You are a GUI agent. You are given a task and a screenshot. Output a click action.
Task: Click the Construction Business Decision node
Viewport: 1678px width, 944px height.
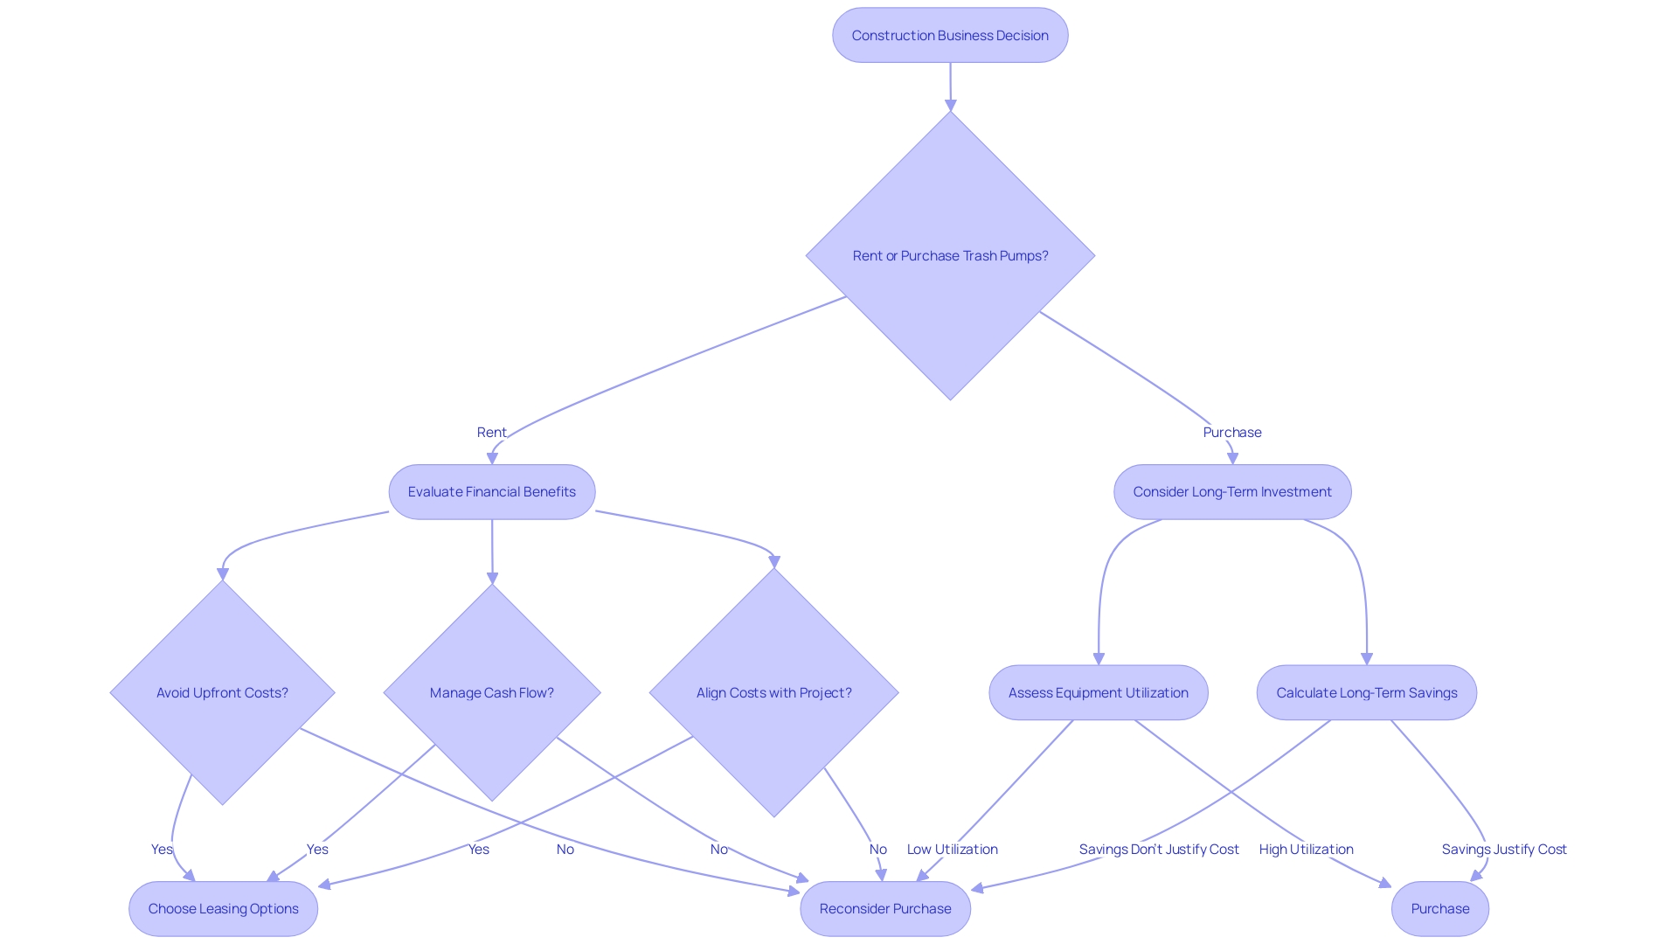(950, 36)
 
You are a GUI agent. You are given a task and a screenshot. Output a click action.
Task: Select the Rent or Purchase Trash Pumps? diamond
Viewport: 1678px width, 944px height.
(950, 256)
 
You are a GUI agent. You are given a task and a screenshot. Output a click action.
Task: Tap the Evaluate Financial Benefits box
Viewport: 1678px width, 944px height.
(491, 492)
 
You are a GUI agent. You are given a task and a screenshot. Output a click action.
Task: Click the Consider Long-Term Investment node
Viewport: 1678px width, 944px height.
(1232, 492)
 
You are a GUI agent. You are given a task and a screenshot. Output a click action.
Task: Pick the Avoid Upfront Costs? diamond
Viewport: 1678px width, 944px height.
(222, 693)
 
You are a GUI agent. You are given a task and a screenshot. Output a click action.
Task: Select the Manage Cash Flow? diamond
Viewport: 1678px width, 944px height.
(491, 693)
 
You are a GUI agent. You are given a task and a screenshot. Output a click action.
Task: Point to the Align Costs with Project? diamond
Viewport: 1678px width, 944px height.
(773, 693)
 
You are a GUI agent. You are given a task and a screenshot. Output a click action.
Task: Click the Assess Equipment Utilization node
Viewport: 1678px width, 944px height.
(1098, 693)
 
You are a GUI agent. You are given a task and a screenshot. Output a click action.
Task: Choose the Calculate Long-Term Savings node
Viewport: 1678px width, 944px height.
(1366, 693)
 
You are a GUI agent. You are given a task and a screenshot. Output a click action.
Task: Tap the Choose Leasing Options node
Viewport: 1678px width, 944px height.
(223, 909)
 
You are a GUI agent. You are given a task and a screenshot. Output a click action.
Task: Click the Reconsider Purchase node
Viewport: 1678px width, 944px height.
(884, 909)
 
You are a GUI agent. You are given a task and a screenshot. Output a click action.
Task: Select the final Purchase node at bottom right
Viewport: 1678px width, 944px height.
(1439, 909)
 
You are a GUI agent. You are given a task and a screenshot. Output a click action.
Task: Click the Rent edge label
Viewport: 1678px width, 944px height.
(491, 433)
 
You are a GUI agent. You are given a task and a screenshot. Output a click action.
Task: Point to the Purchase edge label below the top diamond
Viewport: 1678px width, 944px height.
(1231, 433)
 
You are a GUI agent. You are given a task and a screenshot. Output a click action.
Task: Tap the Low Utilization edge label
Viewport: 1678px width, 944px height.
(952, 850)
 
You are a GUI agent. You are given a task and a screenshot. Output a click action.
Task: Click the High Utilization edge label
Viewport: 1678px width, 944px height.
(1306, 850)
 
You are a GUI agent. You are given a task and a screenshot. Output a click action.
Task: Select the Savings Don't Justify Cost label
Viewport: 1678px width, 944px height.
(1158, 850)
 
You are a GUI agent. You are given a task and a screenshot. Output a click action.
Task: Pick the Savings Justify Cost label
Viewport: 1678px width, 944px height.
(1503, 850)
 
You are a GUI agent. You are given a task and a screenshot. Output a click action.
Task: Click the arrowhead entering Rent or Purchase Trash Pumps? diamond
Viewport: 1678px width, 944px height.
(950, 105)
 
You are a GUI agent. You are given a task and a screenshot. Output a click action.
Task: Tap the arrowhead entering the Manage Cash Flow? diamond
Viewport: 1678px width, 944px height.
(492, 579)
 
